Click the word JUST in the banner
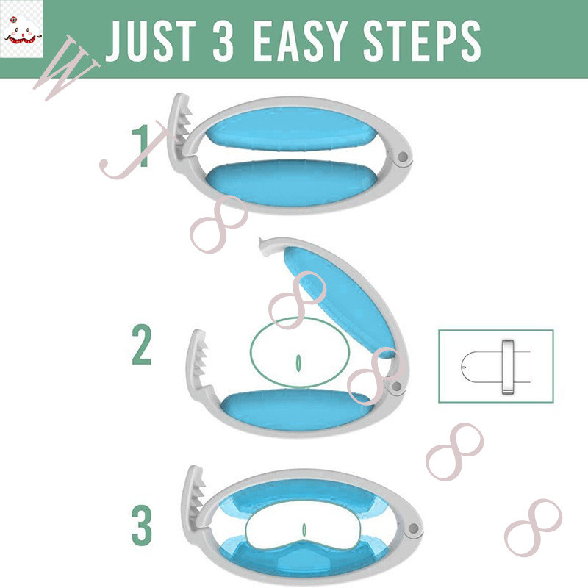(151, 41)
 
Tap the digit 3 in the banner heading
(223, 41)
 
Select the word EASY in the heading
(299, 41)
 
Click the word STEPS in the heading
(422, 41)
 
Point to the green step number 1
(141, 146)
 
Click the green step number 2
(142, 345)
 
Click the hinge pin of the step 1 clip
(403, 157)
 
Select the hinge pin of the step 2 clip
(395, 386)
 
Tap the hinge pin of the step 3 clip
(413, 528)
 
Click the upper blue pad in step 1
(290, 129)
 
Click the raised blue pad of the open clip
(340, 300)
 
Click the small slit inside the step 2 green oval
(298, 363)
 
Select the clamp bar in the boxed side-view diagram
(508, 366)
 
